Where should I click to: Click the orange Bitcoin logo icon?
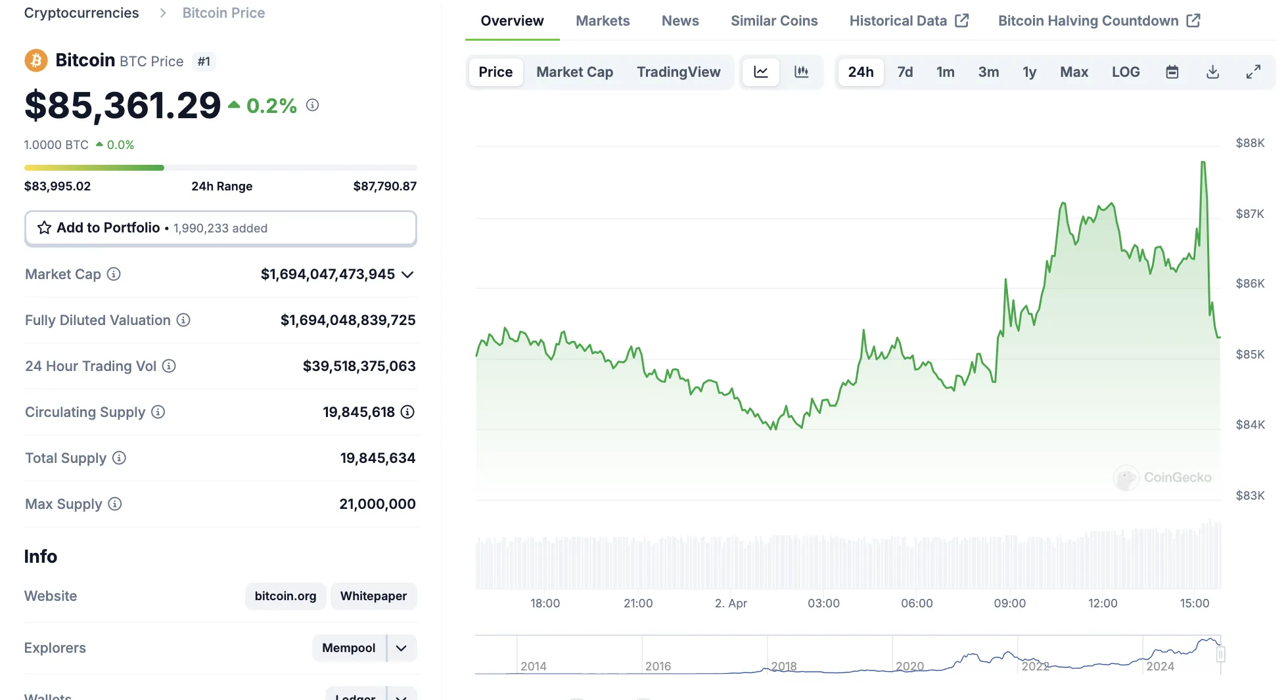click(36, 61)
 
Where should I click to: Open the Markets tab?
click(603, 21)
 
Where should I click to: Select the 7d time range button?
click(905, 72)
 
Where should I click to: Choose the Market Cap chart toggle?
click(574, 72)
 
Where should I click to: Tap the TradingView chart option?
click(678, 72)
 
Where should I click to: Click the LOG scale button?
click(1125, 72)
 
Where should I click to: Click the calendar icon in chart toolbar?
click(1172, 72)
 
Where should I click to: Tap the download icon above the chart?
click(1212, 72)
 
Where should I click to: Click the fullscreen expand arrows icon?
click(1253, 72)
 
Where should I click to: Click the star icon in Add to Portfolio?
click(44, 228)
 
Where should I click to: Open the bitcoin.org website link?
click(285, 596)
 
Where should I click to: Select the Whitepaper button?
click(373, 596)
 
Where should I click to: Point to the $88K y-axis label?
click(1249, 143)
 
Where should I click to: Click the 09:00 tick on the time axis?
click(1009, 603)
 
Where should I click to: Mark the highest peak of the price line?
click(1203, 162)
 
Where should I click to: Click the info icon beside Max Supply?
click(115, 504)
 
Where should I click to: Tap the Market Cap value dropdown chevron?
click(407, 274)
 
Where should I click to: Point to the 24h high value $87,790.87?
click(384, 186)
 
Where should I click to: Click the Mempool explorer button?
click(348, 648)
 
